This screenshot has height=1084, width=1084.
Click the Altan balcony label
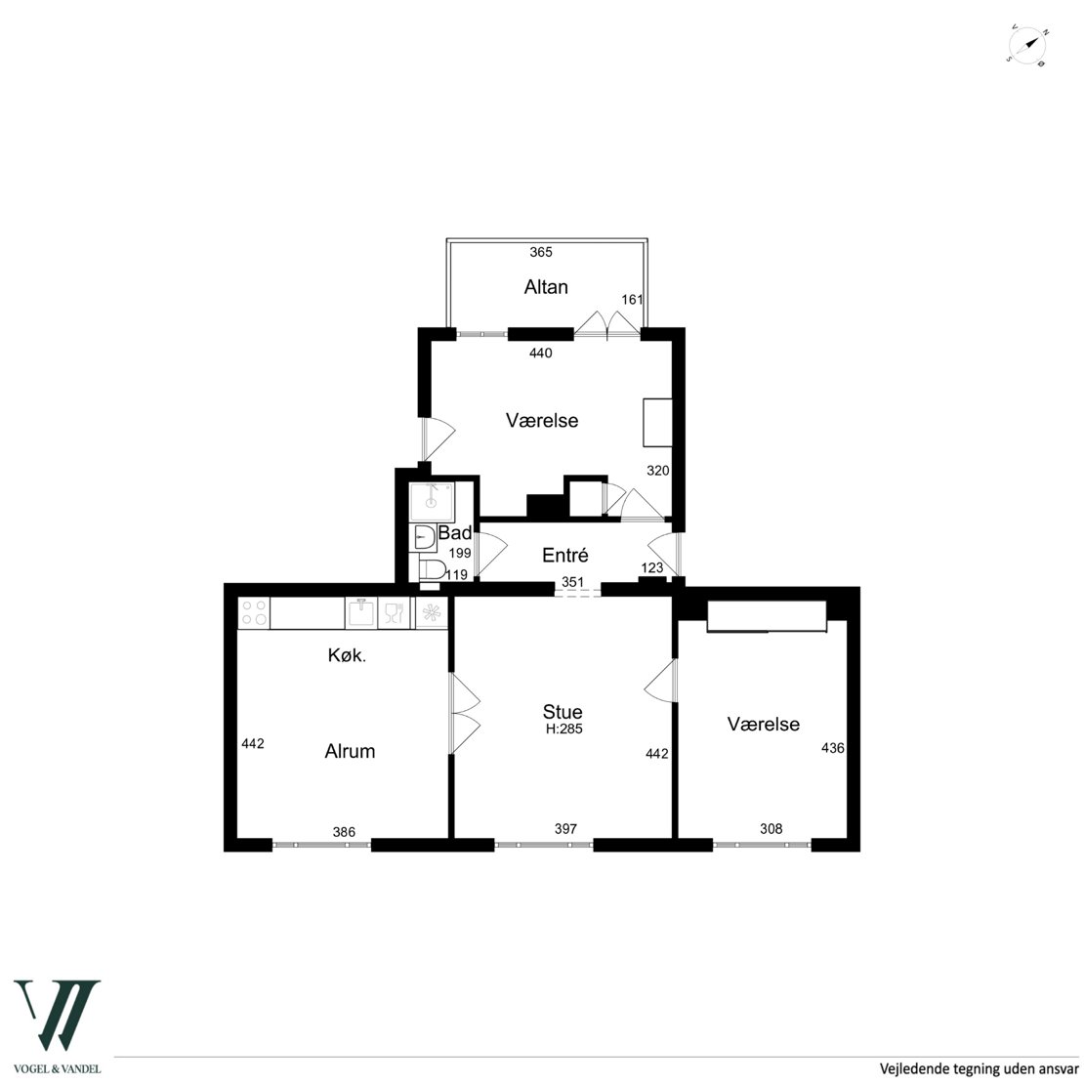pos(546,287)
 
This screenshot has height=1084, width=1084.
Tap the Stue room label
pos(563,711)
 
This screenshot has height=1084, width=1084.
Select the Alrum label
pos(350,751)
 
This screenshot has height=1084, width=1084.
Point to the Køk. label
pos(347,655)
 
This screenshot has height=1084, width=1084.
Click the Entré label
pos(564,555)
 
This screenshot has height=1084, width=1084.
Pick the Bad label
pos(455,532)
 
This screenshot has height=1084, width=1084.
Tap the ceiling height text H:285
pos(564,729)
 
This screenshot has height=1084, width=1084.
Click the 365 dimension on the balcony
pos(541,252)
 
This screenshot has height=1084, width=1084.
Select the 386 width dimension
pos(344,832)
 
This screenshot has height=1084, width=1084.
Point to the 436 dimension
pos(832,747)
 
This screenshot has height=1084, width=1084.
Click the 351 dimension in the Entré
pos(572,582)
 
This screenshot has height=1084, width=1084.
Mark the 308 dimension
pos(771,829)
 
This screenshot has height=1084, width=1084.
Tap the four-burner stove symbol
pos(254,613)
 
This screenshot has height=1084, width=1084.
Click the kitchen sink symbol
pos(361,613)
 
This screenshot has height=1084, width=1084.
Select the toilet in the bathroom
pos(432,570)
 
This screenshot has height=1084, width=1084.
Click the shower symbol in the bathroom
pos(432,501)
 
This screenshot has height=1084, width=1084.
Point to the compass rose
pos(1026,46)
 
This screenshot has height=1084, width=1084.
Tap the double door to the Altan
pos(607,324)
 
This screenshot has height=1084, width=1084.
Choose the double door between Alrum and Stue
pos(465,714)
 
